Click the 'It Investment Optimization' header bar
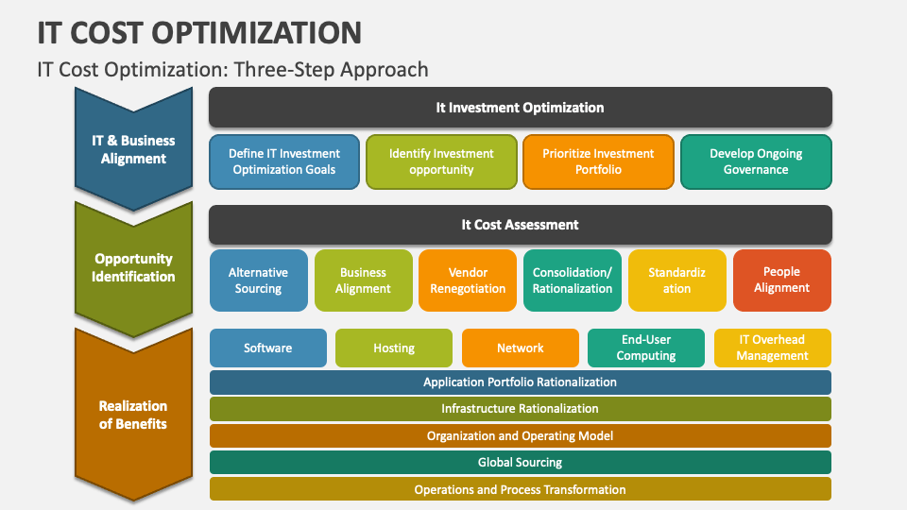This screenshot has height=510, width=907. point(520,108)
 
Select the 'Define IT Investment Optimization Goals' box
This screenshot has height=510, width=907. point(285,161)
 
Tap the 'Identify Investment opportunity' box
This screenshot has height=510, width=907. point(441,161)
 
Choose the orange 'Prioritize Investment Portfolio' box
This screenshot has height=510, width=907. point(598,161)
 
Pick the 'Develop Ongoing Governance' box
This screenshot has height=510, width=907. point(756,161)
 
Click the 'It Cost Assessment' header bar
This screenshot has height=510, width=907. point(520,225)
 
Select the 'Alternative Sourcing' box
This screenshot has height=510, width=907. point(259,280)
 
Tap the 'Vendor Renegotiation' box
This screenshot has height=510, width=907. point(468,280)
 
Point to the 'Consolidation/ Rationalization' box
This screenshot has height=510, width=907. point(573,280)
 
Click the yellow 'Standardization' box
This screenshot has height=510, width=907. point(676,280)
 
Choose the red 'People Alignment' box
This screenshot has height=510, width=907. point(781,280)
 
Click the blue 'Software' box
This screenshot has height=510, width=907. point(268,348)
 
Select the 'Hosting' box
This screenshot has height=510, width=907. point(394,348)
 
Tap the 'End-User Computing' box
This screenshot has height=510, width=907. point(646,348)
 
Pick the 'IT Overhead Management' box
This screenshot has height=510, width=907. point(772,348)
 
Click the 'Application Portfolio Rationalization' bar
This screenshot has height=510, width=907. point(520,382)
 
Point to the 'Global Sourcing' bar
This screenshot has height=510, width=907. point(520,463)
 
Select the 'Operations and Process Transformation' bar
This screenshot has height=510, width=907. point(520,489)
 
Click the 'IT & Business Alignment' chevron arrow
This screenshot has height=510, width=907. point(133,149)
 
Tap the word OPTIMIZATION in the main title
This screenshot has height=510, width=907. point(254,32)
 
